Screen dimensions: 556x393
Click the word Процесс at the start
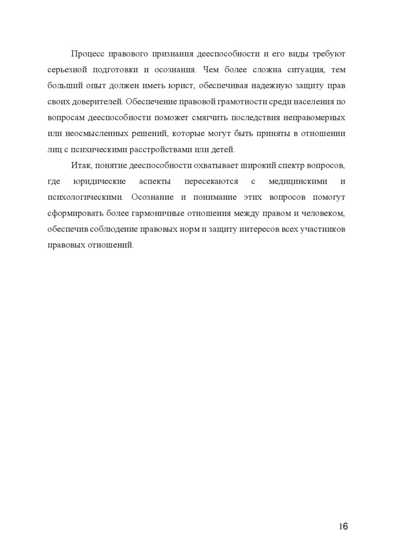(x=87, y=54)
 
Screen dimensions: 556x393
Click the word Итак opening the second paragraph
(x=80, y=165)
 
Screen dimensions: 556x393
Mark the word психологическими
(x=81, y=197)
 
